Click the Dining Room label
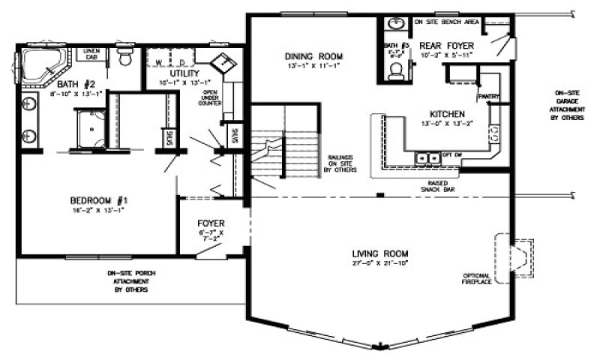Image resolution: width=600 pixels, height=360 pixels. tap(314, 57)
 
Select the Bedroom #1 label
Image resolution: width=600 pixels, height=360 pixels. tap(99, 200)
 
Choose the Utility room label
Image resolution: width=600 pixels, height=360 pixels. tap(184, 73)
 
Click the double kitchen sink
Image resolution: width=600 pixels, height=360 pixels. tap(428, 158)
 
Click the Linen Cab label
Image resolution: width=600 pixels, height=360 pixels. tap(91, 54)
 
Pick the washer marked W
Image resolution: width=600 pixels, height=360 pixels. tap(160, 59)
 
